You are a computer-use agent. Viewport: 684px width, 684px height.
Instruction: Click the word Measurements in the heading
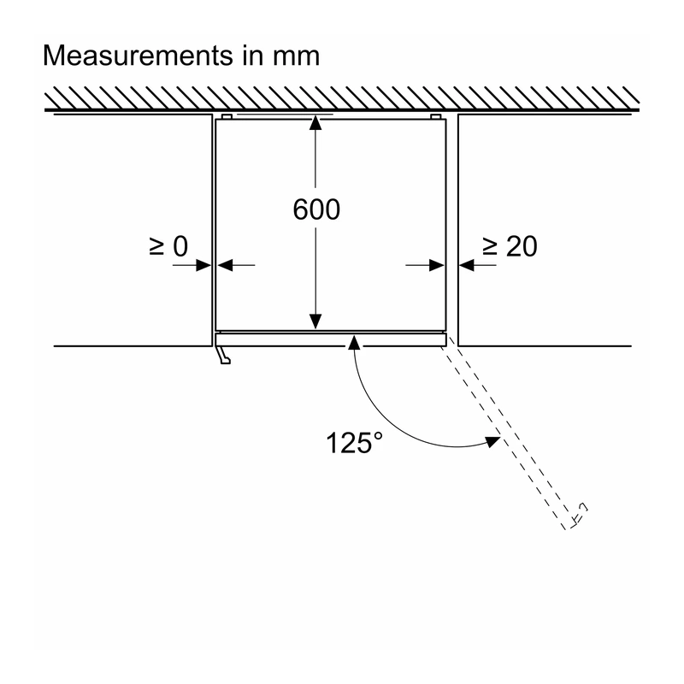[x=138, y=56]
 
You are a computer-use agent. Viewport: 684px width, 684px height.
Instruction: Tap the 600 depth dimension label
[x=316, y=209]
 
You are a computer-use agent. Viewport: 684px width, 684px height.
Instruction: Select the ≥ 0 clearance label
[x=168, y=246]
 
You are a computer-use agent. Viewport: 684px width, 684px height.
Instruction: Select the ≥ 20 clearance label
[x=510, y=246]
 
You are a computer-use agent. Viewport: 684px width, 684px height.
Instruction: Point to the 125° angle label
[x=354, y=443]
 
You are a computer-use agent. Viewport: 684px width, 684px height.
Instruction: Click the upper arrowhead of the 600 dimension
[x=315, y=123]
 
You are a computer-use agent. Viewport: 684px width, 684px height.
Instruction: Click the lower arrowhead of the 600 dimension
[x=315, y=321]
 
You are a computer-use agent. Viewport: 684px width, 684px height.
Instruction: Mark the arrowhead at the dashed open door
[x=493, y=441]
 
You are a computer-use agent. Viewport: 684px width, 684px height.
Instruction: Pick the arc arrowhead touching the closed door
[x=354, y=344]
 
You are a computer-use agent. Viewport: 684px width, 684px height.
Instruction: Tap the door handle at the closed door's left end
[x=223, y=355]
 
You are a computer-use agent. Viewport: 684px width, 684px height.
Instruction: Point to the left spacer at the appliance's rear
[x=227, y=116]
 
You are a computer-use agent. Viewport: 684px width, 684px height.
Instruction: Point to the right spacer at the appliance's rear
[x=435, y=116]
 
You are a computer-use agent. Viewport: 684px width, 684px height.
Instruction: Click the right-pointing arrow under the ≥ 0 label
[x=192, y=265]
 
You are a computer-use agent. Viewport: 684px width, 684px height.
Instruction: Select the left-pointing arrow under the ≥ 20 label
[x=478, y=265]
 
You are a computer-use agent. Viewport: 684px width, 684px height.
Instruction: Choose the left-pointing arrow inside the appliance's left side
[x=236, y=265]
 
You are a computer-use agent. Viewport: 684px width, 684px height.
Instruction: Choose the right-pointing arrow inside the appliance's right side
[x=425, y=265]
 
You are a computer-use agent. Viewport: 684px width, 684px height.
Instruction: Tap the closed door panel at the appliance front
[x=331, y=339]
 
